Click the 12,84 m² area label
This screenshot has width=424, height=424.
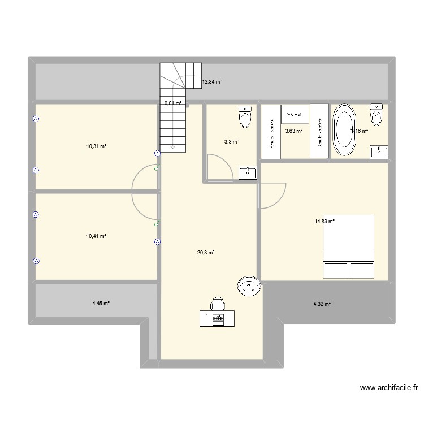211,82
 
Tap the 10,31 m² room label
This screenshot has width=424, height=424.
96,146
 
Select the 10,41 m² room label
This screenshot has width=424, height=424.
96,236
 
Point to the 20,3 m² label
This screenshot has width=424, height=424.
205,253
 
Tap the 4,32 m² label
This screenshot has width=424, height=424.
322,304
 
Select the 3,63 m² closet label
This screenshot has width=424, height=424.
293,131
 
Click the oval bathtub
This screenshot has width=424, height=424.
344,130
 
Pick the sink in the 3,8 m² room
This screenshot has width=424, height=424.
247,172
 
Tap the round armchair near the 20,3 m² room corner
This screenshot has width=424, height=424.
248,287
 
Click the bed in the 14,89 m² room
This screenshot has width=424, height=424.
349,246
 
